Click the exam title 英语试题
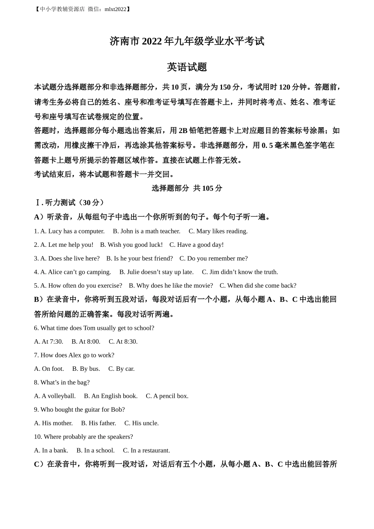pyautogui.click(x=187, y=67)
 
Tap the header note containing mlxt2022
pyautogui.click(x=82, y=9)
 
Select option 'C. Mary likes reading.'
pyautogui.click(x=218, y=231)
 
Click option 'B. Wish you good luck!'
pyautogui.click(x=131, y=245)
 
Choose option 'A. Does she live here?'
pyautogui.click(x=67, y=258)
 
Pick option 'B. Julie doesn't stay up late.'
pyautogui.click(x=156, y=272)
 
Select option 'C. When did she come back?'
pyautogui.click(x=258, y=285)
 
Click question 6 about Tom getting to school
pyautogui.click(x=94, y=328)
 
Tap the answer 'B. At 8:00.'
pyautogui.click(x=86, y=342)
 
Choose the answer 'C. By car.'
pyautogui.click(x=121, y=369)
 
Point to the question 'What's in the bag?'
pyautogui.click(x=62, y=382)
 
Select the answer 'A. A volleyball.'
pyautogui.click(x=55, y=396)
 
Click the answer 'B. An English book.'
pyautogui.click(x=111, y=396)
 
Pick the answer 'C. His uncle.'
pyautogui.click(x=141, y=423)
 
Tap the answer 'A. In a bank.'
pyautogui.click(x=51, y=450)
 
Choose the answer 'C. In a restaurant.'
pyautogui.click(x=146, y=450)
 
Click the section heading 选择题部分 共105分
pyautogui.click(x=187, y=188)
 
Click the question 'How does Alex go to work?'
pyautogui.click(x=74, y=355)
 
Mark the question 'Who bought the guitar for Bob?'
pyautogui.click(x=79, y=409)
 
